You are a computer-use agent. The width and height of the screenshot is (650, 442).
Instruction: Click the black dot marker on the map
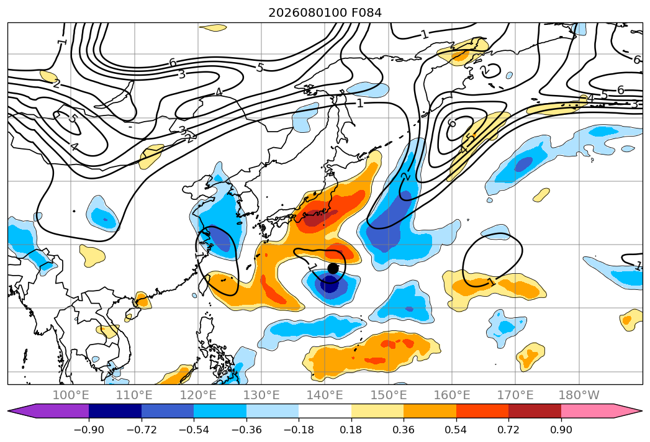point(333,268)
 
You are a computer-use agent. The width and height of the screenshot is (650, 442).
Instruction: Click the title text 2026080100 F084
point(325,13)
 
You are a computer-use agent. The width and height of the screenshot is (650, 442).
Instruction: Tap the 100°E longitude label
point(71,395)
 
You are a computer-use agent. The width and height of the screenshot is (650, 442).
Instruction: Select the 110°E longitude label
point(134,395)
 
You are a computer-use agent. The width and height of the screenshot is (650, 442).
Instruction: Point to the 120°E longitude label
point(198,395)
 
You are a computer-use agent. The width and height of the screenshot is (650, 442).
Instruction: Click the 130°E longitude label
point(261,395)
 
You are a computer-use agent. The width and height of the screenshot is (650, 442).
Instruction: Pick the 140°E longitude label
point(325,395)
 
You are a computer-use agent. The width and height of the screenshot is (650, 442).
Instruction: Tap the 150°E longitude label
point(389,395)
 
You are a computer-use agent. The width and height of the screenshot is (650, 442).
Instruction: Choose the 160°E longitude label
point(452,395)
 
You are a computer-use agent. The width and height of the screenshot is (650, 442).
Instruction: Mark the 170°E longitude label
point(515,395)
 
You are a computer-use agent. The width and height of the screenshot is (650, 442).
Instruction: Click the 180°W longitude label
point(579,395)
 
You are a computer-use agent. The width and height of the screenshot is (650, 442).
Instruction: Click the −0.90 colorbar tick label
point(89,430)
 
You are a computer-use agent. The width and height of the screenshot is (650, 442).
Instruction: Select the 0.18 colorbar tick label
point(351,430)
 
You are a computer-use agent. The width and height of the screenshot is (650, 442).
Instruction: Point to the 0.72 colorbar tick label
point(508,430)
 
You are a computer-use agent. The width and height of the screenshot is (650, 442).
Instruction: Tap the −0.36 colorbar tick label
point(246,430)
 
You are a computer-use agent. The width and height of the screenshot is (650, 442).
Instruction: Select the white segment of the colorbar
point(325,411)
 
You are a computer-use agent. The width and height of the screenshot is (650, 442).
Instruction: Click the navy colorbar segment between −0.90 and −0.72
point(115,411)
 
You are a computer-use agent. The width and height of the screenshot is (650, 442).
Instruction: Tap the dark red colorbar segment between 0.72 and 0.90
point(535,411)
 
